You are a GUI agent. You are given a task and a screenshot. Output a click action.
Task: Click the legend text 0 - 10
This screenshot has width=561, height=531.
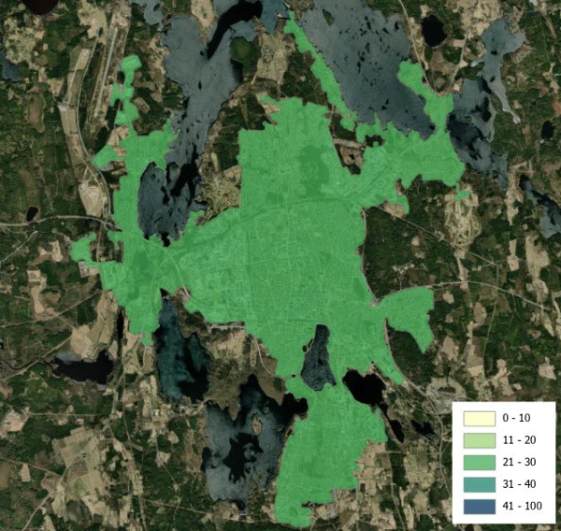click(x=515, y=417)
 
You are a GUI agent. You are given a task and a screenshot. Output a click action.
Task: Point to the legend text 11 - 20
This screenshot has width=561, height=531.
click(x=518, y=439)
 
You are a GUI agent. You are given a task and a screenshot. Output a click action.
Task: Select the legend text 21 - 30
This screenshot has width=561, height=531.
click(x=518, y=463)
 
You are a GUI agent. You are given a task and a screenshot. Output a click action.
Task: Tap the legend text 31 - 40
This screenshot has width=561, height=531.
click(x=518, y=485)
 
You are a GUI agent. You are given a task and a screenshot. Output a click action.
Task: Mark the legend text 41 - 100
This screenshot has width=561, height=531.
click(x=521, y=508)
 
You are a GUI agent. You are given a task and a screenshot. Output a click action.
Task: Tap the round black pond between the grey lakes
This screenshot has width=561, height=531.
click(x=433, y=31)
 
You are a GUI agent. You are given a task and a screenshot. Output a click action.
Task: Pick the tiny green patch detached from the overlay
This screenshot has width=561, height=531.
click(x=462, y=194)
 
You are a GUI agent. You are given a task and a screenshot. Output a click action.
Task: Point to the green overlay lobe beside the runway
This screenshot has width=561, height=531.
click(x=125, y=89)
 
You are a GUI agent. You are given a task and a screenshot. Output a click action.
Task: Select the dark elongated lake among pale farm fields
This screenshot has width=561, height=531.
click(x=84, y=368)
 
